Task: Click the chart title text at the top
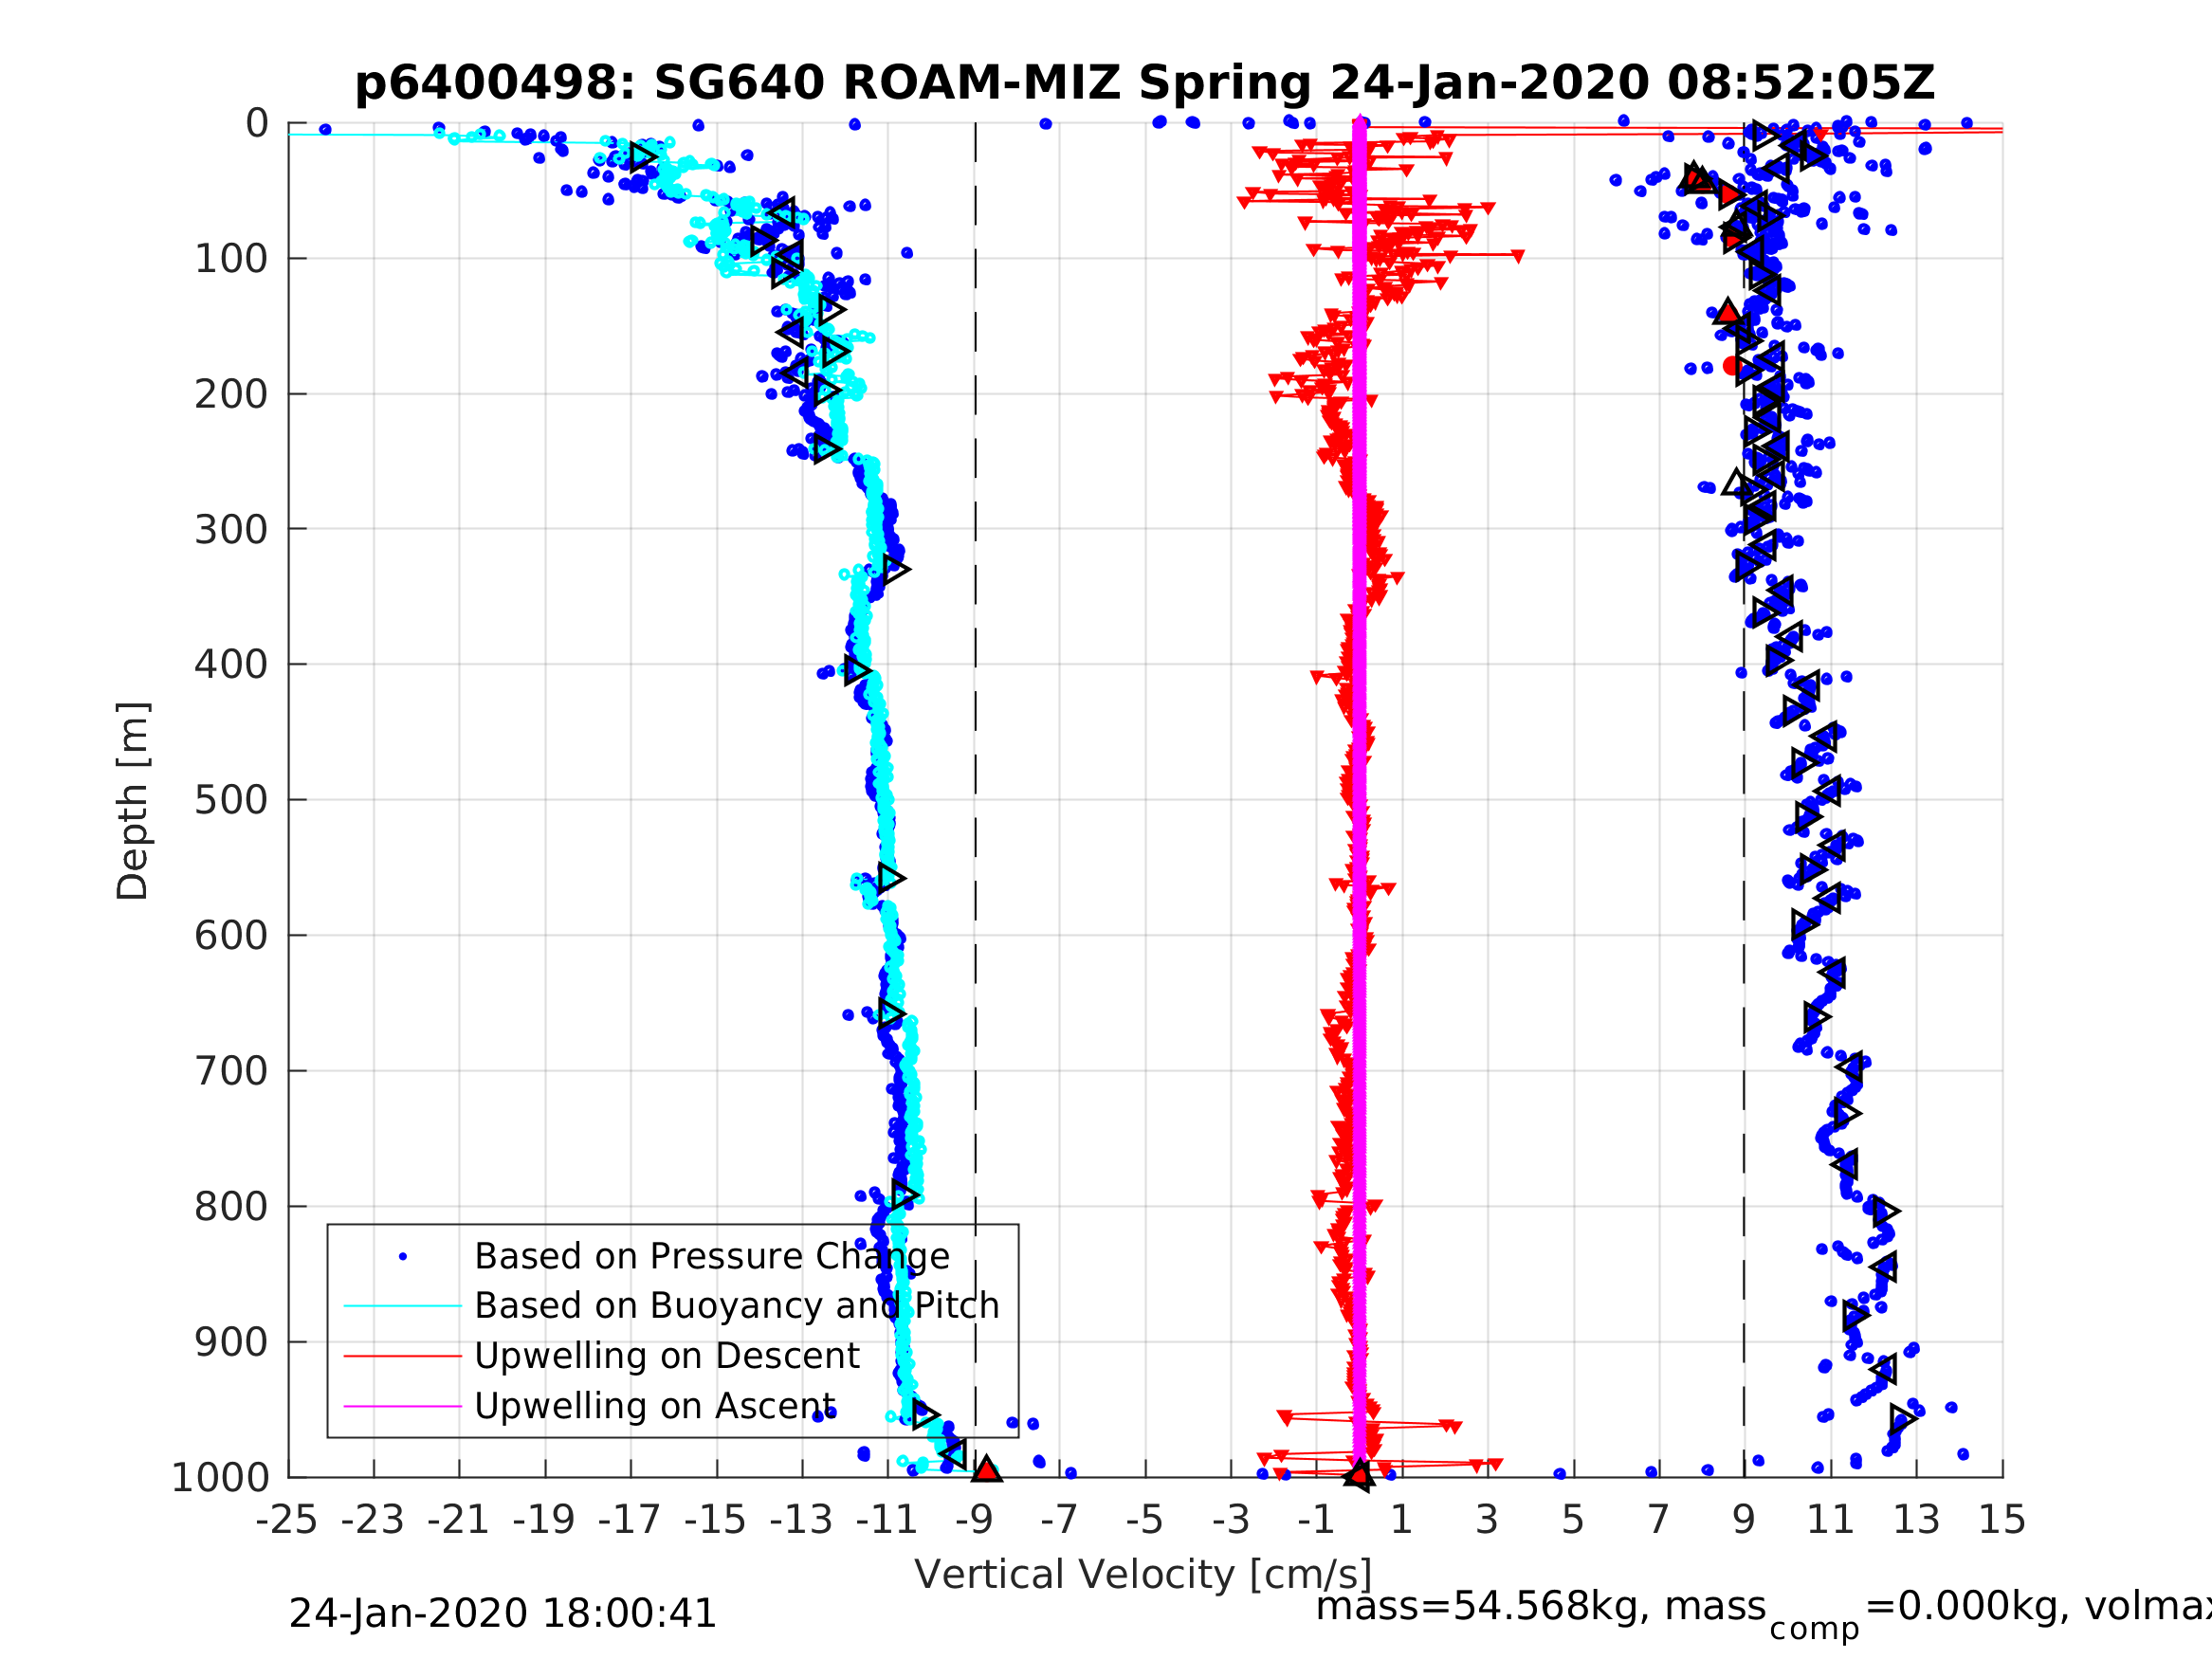(1144, 83)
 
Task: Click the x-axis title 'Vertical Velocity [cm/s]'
(1143, 1574)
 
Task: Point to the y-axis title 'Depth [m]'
(133, 801)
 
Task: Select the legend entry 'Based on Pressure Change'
(711, 1256)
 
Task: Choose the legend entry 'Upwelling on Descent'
(666, 1356)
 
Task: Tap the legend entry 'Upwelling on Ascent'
(654, 1406)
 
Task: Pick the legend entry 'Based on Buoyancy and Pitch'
(736, 1306)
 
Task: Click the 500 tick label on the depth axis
(231, 801)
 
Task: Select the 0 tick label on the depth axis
(257, 124)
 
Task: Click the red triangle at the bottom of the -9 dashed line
(986, 1469)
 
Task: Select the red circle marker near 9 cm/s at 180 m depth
(1732, 366)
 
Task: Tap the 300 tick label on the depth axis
(231, 530)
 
